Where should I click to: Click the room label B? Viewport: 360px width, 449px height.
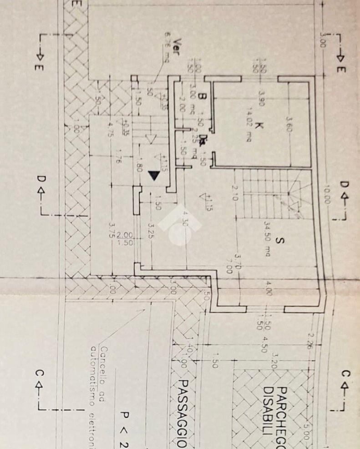[203, 97]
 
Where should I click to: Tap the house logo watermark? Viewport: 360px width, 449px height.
[180, 224]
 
